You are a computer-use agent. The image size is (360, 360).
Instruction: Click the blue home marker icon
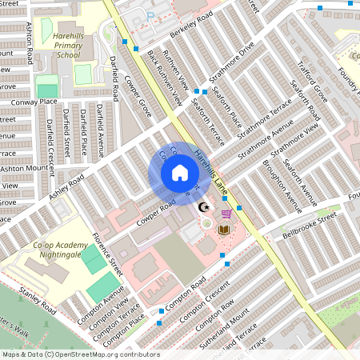180,173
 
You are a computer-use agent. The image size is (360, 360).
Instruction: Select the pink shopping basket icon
226,213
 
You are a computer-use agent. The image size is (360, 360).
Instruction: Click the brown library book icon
225,230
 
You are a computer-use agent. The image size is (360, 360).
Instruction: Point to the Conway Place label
38,102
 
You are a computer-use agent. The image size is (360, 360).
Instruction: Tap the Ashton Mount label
25,169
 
